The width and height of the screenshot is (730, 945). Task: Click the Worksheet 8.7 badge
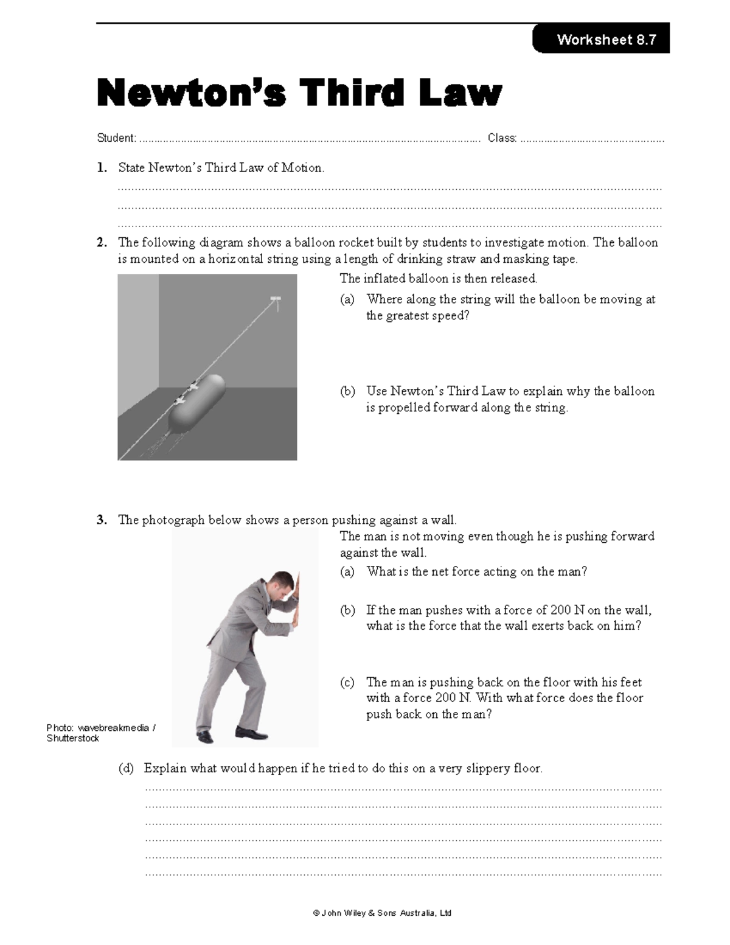tap(601, 40)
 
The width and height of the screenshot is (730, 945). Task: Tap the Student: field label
tap(116, 138)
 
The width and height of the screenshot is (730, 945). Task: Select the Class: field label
tap(502, 138)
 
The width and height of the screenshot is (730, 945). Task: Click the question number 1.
tap(101, 168)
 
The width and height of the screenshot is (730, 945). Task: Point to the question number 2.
tap(101, 243)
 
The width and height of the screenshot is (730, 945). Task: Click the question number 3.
tap(101, 520)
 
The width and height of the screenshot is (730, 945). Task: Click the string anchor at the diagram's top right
tap(275, 299)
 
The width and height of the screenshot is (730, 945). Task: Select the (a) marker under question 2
tap(347, 299)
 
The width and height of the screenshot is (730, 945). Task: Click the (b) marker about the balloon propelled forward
tap(347, 391)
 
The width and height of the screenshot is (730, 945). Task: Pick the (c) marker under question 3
tap(347, 683)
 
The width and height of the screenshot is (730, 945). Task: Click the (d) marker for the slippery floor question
tap(126, 769)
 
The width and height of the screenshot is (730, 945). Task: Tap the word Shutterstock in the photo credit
tap(72, 738)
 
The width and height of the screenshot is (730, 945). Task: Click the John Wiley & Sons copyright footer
tap(382, 913)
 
